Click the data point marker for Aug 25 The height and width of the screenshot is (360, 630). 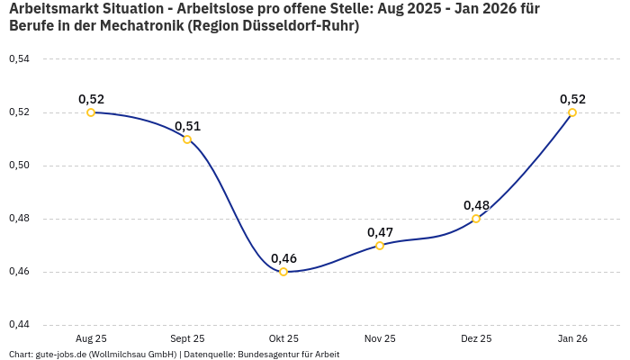coord(91,112)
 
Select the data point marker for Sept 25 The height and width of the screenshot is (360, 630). coord(187,139)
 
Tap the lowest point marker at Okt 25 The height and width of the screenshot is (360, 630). coord(283,272)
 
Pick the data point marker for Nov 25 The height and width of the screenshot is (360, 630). coord(380,245)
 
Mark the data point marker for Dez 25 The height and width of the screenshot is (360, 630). coord(476,219)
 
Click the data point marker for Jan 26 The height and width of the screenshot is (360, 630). coord(572,112)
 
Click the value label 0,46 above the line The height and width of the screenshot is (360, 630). coord(283,258)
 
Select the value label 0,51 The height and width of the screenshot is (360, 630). coord(187,126)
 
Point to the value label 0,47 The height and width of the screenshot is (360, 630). coord(380,232)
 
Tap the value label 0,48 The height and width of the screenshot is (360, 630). coord(476,205)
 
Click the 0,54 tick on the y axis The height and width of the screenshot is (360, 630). coord(19,59)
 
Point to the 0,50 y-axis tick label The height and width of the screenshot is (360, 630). coord(19,166)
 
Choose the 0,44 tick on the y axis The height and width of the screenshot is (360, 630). coord(19,325)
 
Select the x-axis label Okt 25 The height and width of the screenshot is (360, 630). coord(283,338)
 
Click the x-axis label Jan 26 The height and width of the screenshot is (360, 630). coord(572,338)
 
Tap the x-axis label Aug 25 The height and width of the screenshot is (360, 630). coord(91,338)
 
